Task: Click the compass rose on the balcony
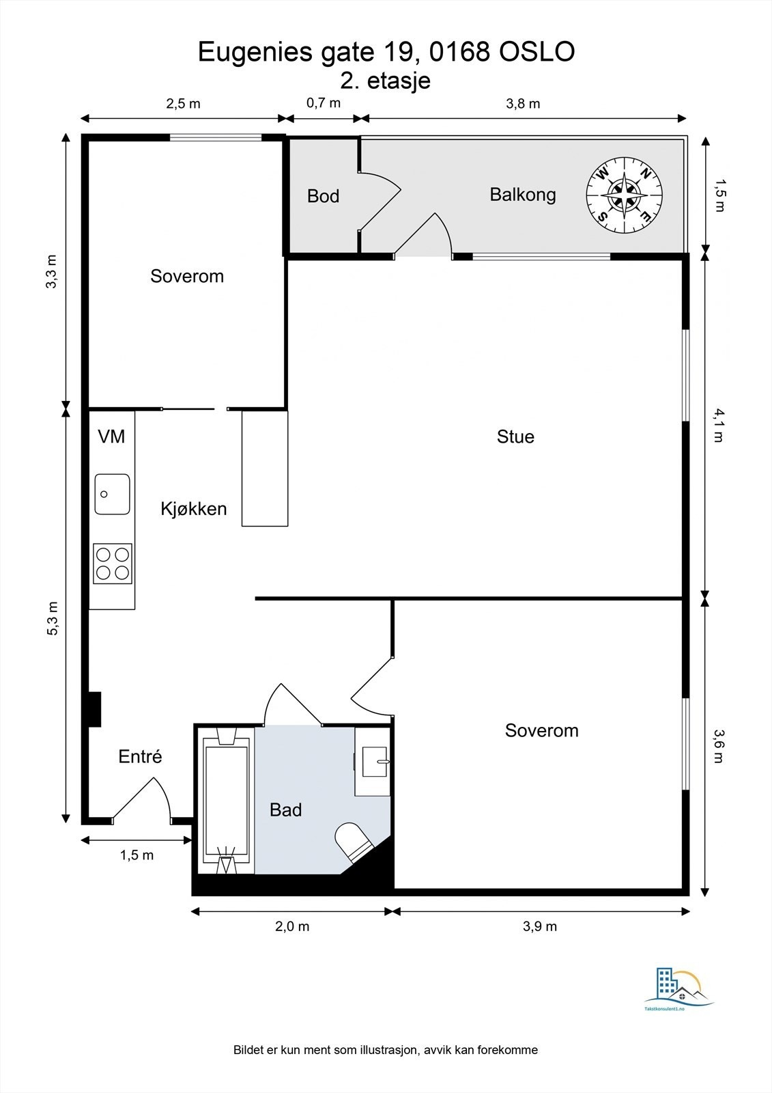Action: click(x=625, y=195)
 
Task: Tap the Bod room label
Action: click(x=323, y=196)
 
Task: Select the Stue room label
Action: click(x=515, y=437)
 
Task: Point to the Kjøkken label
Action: click(x=194, y=508)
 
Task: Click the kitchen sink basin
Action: click(x=112, y=494)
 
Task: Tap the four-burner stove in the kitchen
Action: click(x=113, y=563)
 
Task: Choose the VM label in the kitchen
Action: click(x=111, y=437)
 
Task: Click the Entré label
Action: click(x=140, y=756)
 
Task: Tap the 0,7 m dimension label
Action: click(x=324, y=103)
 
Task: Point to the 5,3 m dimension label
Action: click(x=52, y=618)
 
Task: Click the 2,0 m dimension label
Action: click(x=292, y=926)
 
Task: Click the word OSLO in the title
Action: click(x=537, y=52)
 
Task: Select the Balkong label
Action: click(x=523, y=194)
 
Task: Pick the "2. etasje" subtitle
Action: click(x=385, y=81)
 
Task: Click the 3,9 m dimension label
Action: click(x=540, y=926)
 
